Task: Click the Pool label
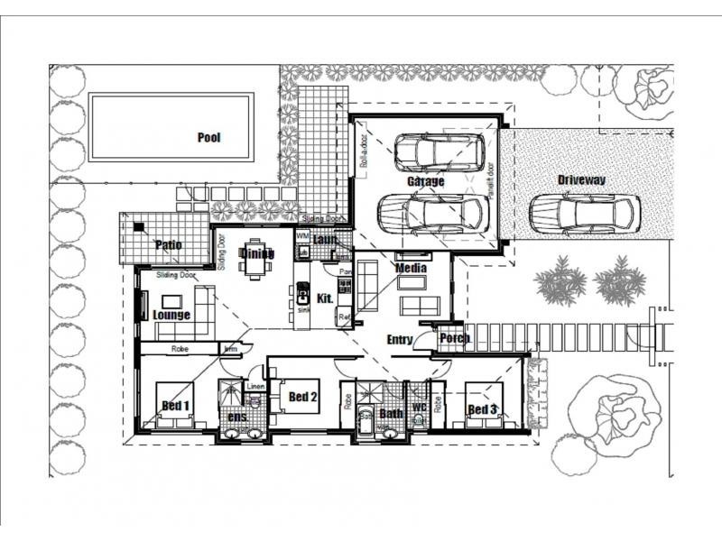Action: tap(209, 138)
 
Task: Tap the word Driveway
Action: tap(581, 180)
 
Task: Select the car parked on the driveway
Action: tap(584, 214)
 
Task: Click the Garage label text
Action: tap(425, 181)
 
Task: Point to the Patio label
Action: tap(168, 244)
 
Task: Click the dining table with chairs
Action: tap(256, 260)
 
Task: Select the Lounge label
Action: tap(171, 315)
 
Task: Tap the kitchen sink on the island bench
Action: tap(302, 293)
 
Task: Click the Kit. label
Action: tap(326, 298)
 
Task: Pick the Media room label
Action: tap(411, 268)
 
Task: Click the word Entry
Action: tap(399, 340)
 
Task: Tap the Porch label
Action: tap(454, 339)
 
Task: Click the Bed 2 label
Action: tap(303, 396)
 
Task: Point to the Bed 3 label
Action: tap(482, 410)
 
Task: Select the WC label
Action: tap(419, 408)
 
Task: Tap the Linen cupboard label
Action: tap(255, 388)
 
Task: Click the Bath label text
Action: tap(391, 414)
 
